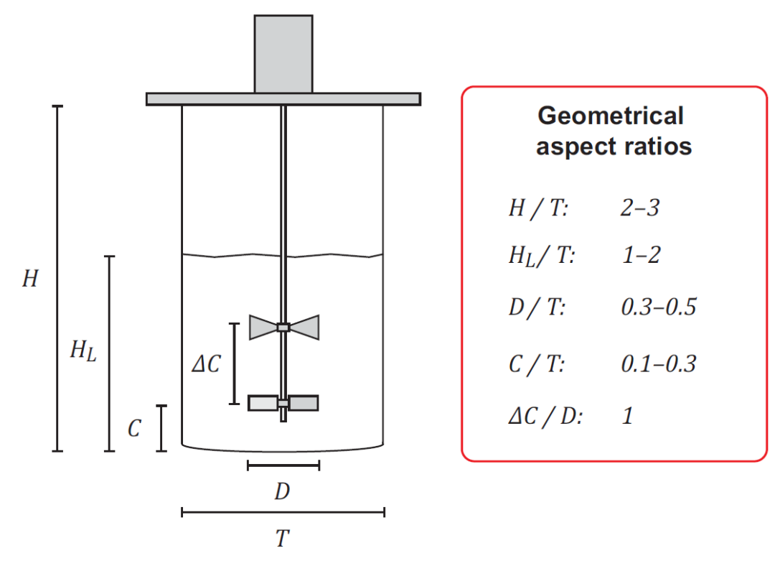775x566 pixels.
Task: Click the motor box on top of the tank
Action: tap(283, 54)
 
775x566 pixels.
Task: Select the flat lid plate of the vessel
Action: tap(283, 99)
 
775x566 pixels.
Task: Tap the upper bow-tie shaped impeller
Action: tap(283, 327)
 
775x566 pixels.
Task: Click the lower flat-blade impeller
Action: tap(283, 403)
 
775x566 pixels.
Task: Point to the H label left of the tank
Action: tap(30, 279)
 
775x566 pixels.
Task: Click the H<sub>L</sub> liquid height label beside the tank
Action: tap(83, 351)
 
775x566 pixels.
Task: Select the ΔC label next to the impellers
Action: tap(207, 364)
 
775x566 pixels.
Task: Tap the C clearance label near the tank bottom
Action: tap(134, 429)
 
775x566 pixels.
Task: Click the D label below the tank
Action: tap(282, 491)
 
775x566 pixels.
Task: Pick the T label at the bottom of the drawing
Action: tap(283, 538)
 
